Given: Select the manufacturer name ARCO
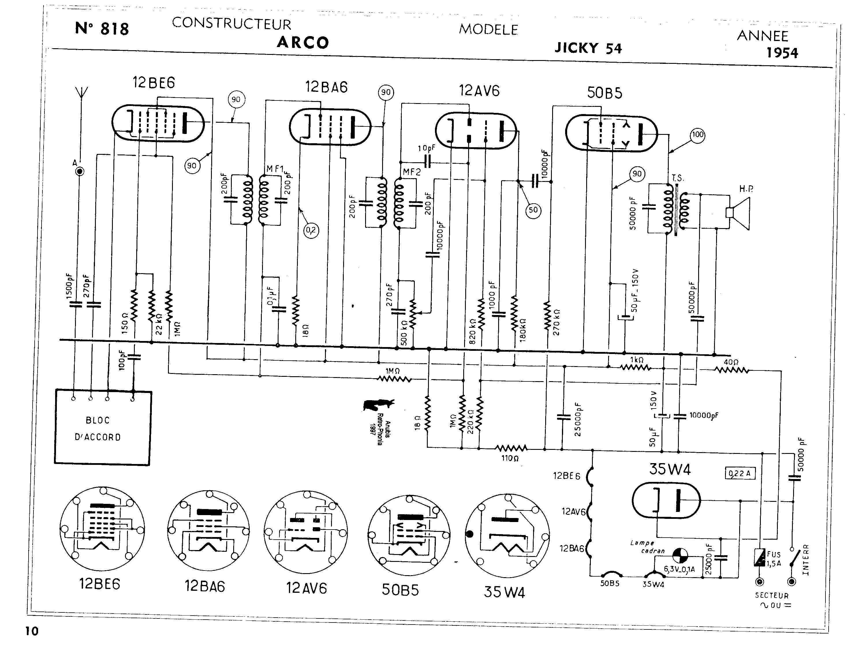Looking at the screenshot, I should (303, 42).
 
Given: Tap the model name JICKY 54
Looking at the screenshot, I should (588, 48).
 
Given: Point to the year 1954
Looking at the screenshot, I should (782, 53).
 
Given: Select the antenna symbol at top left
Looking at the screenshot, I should (80, 94).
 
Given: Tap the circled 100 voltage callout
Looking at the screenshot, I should (697, 135).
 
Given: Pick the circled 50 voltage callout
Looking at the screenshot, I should (533, 210).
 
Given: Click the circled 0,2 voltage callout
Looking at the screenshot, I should (311, 230).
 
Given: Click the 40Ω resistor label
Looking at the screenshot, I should (731, 362).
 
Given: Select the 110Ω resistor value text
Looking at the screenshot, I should (510, 458).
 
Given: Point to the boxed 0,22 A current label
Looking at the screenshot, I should (740, 474).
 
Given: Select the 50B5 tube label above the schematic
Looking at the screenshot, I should (604, 93).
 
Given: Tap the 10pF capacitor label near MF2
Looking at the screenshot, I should (426, 148).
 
